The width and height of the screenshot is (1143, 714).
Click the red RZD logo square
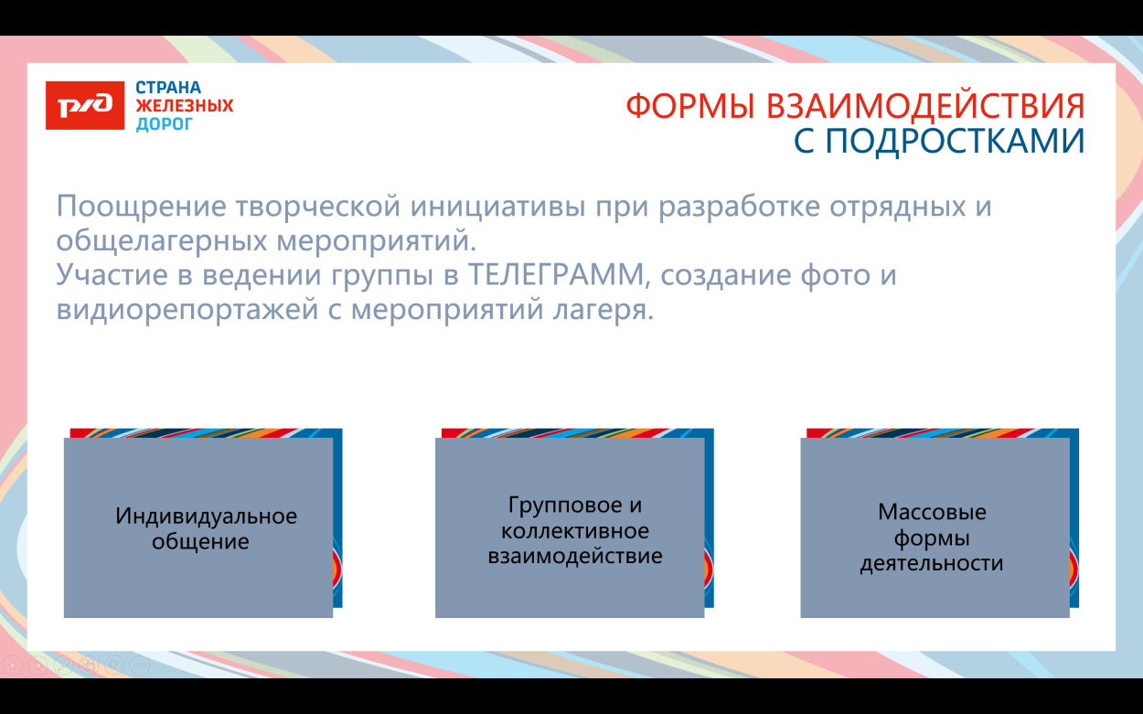(x=84, y=105)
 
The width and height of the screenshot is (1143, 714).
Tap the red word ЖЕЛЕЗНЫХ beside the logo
(x=185, y=106)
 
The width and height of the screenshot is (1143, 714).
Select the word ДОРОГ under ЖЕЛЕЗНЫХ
(x=165, y=123)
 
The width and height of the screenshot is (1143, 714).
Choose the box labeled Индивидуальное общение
(x=198, y=528)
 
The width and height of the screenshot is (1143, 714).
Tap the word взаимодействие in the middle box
(x=574, y=556)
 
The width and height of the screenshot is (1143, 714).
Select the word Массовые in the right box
(x=932, y=512)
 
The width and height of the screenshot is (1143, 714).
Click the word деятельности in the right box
(x=932, y=563)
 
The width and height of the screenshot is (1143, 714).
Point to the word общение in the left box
(x=200, y=541)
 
